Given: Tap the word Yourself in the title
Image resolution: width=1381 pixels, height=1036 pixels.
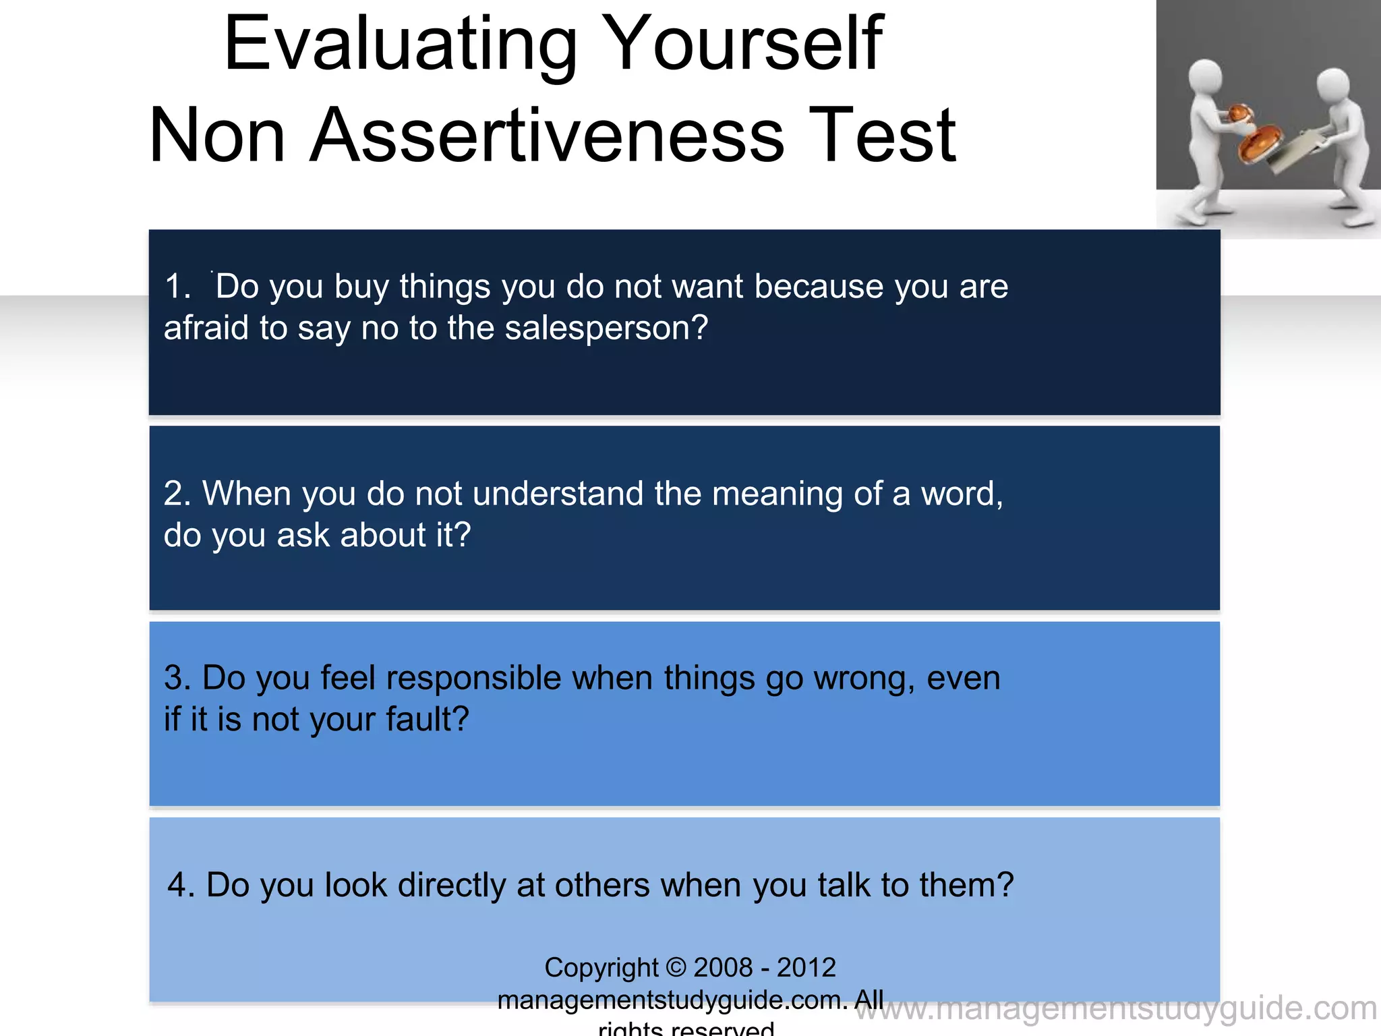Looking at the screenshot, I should tap(747, 46).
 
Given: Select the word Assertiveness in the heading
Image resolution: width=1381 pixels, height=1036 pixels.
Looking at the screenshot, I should tap(547, 137).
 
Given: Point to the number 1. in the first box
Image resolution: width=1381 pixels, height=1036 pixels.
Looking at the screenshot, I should tap(177, 287).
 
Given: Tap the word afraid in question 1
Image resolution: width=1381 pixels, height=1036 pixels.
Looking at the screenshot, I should tap(206, 328).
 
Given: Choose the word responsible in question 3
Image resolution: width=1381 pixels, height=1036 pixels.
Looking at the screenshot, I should tap(473, 678).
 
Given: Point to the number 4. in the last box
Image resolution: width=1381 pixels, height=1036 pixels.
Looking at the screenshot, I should tap(181, 886).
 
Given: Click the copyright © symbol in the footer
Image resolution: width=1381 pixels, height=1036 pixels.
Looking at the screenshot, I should tap(676, 967).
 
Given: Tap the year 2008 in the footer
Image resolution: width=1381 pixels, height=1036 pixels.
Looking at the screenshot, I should tap(723, 967).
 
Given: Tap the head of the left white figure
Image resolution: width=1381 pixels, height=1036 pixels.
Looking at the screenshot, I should tap(1205, 78).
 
